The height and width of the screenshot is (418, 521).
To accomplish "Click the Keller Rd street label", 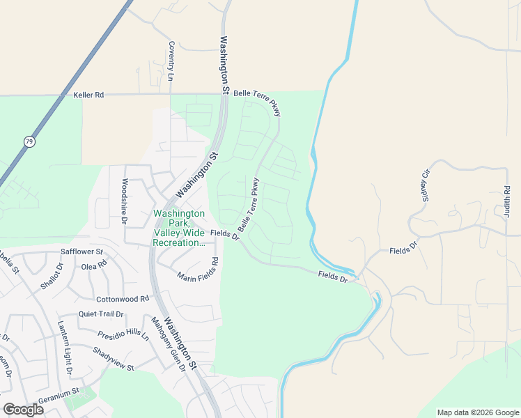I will click(88, 94).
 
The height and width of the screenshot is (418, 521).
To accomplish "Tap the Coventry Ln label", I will click(171, 61).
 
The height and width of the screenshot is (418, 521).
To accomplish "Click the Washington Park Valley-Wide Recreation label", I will click(179, 229).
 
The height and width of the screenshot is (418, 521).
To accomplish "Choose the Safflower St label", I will click(81, 251).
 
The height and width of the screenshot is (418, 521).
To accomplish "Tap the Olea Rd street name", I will click(94, 265).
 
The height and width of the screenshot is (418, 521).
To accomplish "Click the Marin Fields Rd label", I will click(199, 270).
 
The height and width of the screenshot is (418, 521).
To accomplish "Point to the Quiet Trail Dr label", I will click(101, 314).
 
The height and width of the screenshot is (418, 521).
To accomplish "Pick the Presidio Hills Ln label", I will click(123, 334).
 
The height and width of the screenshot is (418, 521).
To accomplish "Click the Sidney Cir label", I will click(425, 185).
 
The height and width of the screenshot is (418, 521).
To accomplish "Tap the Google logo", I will click(23, 410).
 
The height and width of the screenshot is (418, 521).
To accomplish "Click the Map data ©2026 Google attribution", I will click(477, 412).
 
